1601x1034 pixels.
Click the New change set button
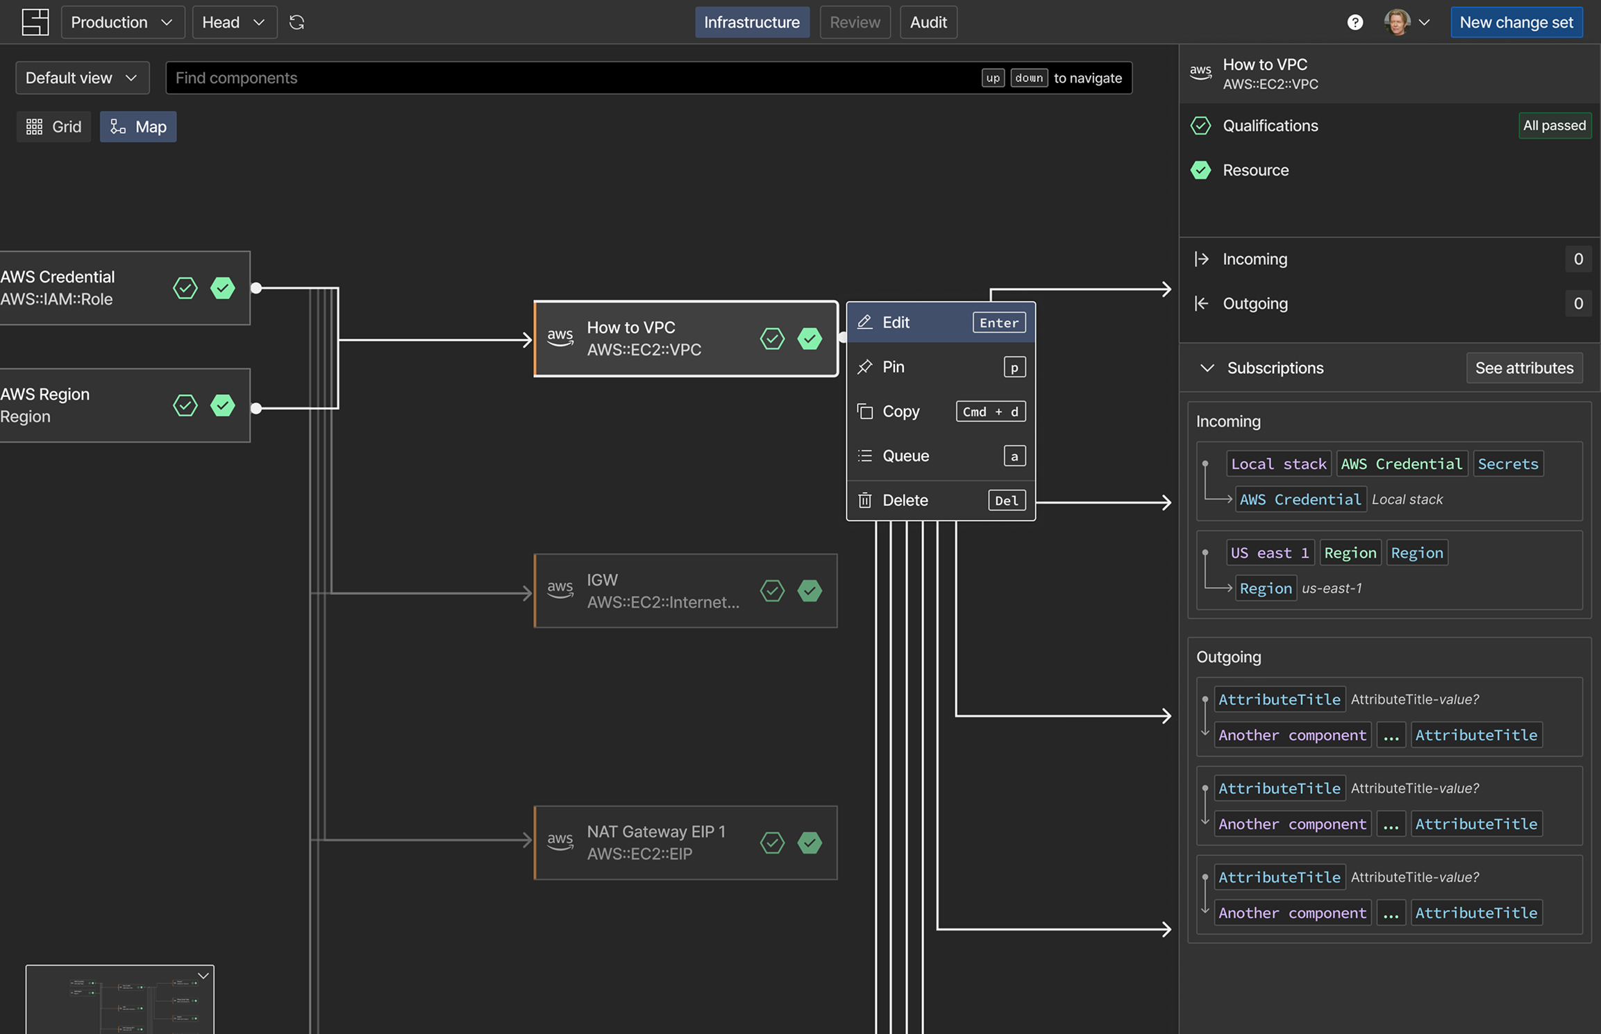pyautogui.click(x=1516, y=22)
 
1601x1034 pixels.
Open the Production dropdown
pyautogui.click(x=122, y=22)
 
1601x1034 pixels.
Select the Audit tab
pyautogui.click(x=928, y=22)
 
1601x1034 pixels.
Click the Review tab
pyautogui.click(x=855, y=22)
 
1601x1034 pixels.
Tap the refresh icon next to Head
pyautogui.click(x=297, y=22)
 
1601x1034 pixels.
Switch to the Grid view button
pyautogui.click(x=53, y=127)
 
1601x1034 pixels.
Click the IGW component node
pyautogui.click(x=685, y=591)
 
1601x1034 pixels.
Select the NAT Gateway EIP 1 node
pyautogui.click(x=685, y=843)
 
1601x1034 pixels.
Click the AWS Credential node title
pyautogui.click(x=58, y=277)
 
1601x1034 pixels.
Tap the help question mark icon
pyautogui.click(x=1355, y=22)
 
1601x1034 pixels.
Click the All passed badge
pyautogui.click(x=1554, y=126)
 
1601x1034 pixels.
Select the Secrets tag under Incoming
pyautogui.click(x=1508, y=464)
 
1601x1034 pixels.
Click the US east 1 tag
pyautogui.click(x=1270, y=553)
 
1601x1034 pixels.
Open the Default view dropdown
pyautogui.click(x=82, y=78)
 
